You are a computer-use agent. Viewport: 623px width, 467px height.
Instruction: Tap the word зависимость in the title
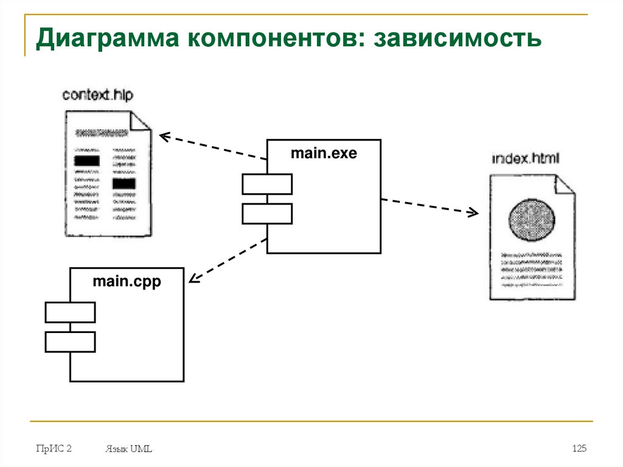point(457,40)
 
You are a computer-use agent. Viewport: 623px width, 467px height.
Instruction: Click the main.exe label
point(324,153)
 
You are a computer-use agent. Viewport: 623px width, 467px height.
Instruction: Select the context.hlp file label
point(97,95)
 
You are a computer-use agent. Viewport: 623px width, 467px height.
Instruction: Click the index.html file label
point(525,159)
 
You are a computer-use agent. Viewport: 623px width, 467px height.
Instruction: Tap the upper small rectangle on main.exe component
point(267,184)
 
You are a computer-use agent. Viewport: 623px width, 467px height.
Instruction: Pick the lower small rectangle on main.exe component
point(267,213)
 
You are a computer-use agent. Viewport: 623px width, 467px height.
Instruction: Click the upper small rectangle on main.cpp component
point(70,312)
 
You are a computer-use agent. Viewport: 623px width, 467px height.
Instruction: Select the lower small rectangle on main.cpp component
point(70,342)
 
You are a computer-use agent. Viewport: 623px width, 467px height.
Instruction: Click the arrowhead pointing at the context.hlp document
point(162,136)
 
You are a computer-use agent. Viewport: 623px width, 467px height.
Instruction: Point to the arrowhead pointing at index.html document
point(473,212)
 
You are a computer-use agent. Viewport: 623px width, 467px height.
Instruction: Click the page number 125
point(579,449)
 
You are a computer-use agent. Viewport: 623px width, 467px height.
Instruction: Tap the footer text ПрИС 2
point(54,449)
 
